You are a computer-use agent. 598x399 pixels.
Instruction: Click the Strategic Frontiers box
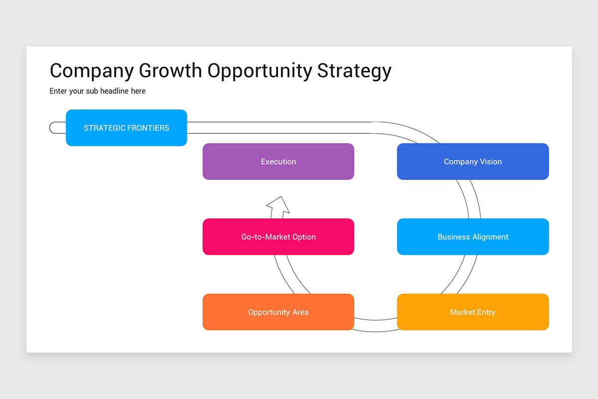pyautogui.click(x=126, y=128)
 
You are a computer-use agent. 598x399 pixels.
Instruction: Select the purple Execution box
pyautogui.click(x=278, y=162)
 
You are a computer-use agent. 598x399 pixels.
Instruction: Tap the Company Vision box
pyautogui.click(x=472, y=162)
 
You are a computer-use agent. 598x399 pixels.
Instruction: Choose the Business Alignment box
pyautogui.click(x=472, y=237)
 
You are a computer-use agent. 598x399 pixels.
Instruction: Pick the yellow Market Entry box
pyautogui.click(x=472, y=312)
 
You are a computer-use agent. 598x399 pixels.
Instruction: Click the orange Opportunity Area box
pyautogui.click(x=278, y=312)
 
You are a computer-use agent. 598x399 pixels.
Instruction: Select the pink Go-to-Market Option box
pyautogui.click(x=278, y=237)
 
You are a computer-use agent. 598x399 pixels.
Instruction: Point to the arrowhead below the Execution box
pyautogui.click(x=278, y=204)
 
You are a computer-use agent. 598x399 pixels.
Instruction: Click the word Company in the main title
pyautogui.click(x=92, y=71)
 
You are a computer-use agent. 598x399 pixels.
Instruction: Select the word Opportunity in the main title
pyautogui.click(x=259, y=71)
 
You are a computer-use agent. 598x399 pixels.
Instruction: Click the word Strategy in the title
pyautogui.click(x=354, y=71)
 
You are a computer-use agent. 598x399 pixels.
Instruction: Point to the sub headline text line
pyautogui.click(x=97, y=91)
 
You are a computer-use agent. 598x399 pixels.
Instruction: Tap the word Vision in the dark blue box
pyautogui.click(x=490, y=162)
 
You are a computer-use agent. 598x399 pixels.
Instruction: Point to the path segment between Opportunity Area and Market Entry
pyautogui.click(x=376, y=326)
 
